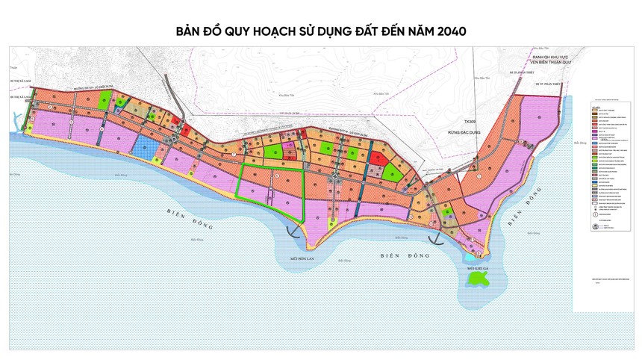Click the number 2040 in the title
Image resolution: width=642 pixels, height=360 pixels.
[447, 32]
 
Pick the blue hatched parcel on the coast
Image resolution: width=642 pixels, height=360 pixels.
[147, 149]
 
